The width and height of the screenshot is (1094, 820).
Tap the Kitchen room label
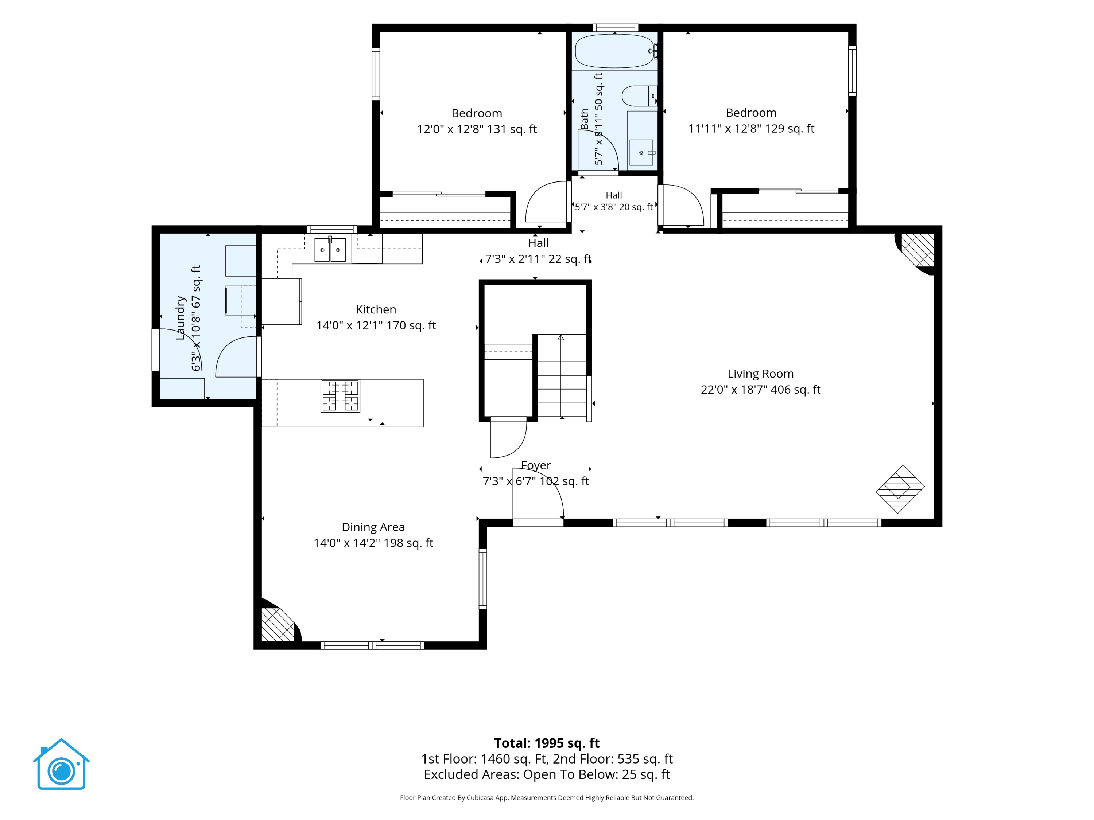(x=376, y=309)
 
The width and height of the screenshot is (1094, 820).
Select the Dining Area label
(x=373, y=527)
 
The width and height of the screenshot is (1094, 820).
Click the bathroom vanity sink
(x=641, y=153)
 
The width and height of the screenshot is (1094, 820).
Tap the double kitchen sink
(x=330, y=250)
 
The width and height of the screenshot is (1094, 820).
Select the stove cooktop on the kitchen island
(x=340, y=396)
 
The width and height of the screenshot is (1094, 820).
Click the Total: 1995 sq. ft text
(x=547, y=743)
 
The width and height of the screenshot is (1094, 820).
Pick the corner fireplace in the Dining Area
(x=279, y=623)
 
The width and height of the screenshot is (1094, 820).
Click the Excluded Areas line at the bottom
(x=547, y=774)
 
